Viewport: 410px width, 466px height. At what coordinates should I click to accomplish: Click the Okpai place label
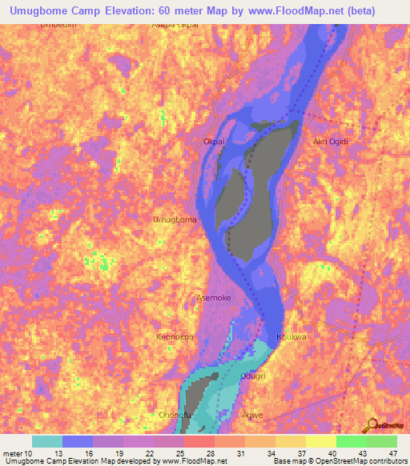(x=213, y=142)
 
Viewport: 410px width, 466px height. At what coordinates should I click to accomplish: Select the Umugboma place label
(x=175, y=219)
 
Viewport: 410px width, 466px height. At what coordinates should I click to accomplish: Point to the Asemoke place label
(x=214, y=298)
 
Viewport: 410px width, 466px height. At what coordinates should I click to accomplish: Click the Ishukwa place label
(x=291, y=337)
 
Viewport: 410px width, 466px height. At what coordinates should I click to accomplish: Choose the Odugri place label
(x=253, y=376)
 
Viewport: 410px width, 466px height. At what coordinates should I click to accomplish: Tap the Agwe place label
(x=253, y=415)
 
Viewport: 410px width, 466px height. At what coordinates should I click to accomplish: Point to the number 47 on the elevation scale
(x=392, y=454)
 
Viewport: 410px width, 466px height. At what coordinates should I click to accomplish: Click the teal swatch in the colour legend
(x=47, y=441)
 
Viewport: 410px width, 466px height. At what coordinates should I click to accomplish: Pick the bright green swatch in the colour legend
(x=352, y=441)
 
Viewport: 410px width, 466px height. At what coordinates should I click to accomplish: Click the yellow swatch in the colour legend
(x=321, y=441)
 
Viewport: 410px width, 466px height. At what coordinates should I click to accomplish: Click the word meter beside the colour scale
(x=12, y=454)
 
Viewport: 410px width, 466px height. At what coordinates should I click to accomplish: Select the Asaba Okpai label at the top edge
(x=175, y=25)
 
